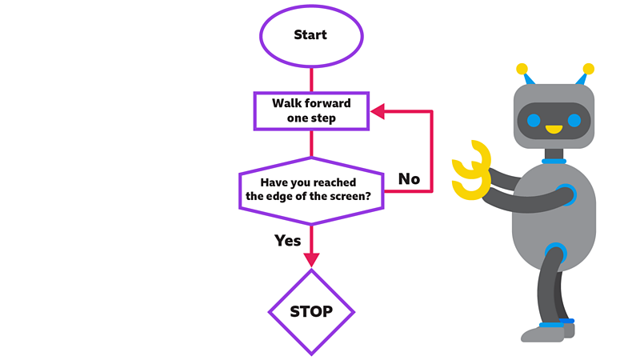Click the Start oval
click(x=310, y=35)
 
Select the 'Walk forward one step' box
click(x=310, y=110)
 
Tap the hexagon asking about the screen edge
click(x=310, y=190)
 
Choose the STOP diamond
click(x=310, y=311)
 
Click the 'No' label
click(x=409, y=178)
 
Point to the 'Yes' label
click(x=287, y=240)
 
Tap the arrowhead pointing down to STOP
click(x=310, y=259)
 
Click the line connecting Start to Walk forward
click(x=310, y=78)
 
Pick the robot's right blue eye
click(x=574, y=121)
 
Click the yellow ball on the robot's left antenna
click(x=522, y=69)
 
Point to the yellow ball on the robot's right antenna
click(x=589, y=69)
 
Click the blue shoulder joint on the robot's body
click(x=566, y=194)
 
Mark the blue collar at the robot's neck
click(x=554, y=160)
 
